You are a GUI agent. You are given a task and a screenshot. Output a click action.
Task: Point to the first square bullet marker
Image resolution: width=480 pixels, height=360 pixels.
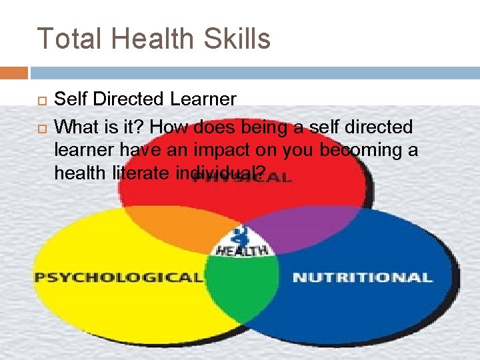click(x=39, y=101)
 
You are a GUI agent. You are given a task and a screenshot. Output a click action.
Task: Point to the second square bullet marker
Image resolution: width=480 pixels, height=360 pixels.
click(x=39, y=126)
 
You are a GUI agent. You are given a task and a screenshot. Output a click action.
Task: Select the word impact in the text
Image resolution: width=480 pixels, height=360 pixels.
click(x=227, y=149)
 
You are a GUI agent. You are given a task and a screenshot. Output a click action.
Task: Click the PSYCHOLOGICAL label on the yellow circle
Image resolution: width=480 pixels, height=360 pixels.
click(x=119, y=277)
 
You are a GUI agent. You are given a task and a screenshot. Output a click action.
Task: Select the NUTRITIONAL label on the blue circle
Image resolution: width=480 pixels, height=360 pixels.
click(x=362, y=277)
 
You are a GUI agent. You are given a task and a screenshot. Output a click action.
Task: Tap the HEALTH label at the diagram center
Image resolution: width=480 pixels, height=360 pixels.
click(x=241, y=251)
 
